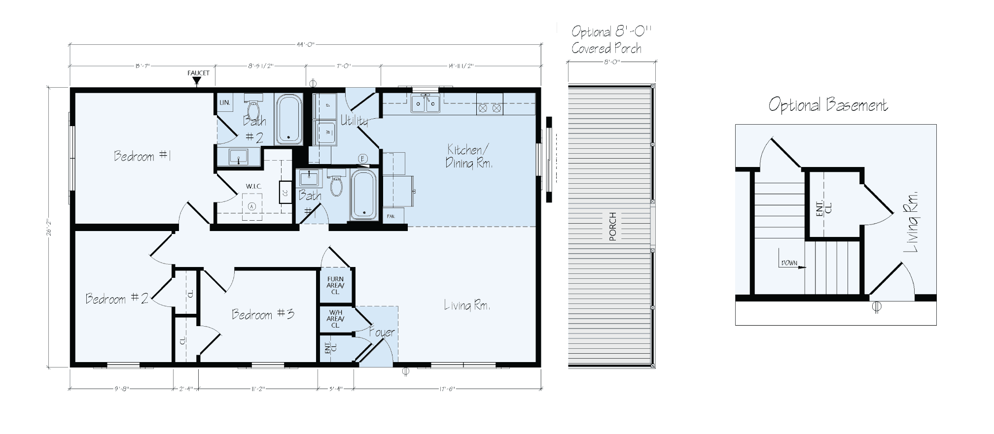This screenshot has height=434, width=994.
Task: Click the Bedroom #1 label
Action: [142, 156]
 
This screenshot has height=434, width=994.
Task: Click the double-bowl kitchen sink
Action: [426, 104]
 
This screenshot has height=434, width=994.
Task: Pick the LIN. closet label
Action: [224, 102]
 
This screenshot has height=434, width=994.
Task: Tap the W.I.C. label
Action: [253, 186]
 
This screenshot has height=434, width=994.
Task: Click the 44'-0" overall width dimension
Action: [306, 44]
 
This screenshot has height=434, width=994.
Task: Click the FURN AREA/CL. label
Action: [335, 285]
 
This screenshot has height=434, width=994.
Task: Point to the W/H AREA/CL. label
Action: [335, 318]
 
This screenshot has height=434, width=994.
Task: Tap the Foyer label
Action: [382, 332]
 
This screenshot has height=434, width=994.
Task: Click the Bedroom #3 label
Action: [263, 314]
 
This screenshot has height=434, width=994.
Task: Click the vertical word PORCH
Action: [612, 227]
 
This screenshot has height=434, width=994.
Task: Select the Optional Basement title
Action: [828, 105]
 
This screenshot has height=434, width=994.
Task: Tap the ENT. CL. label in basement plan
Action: [824, 208]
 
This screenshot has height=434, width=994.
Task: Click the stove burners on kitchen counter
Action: [490, 107]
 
